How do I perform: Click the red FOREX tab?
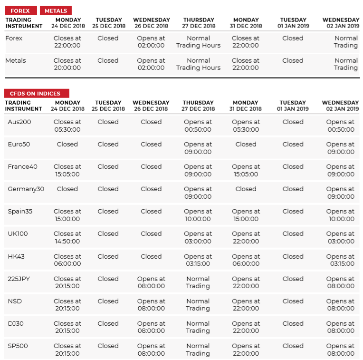point(20,10)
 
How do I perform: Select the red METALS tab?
point(56,10)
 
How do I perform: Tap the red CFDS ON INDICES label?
point(37,94)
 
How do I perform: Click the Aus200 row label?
point(19,122)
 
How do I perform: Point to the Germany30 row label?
point(26,189)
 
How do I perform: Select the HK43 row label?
point(16,256)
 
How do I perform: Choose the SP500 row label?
point(17,346)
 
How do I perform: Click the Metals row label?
point(16,60)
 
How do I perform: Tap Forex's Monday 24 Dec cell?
point(67,42)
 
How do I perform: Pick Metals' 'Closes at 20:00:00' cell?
point(67,64)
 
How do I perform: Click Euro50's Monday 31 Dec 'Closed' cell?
point(246,144)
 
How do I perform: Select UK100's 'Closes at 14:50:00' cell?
point(67,237)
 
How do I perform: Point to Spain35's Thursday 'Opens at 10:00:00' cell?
point(198,215)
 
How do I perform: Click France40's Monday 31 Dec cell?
point(246,170)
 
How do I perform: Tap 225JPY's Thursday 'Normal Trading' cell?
point(198,282)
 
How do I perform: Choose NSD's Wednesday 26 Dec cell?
point(151,305)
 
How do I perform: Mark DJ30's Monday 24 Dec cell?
point(67,327)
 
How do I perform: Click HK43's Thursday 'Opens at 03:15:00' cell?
point(198,260)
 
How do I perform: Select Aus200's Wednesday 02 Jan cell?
point(340,126)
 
